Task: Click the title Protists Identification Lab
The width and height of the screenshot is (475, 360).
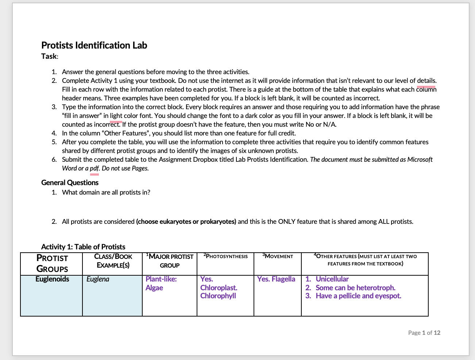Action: (x=94, y=45)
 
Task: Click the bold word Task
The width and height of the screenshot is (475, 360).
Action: (x=49, y=56)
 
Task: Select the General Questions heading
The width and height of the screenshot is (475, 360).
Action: (x=70, y=183)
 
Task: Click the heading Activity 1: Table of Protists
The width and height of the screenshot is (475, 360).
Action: (x=83, y=247)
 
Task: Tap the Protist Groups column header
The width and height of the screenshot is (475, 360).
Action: (x=52, y=264)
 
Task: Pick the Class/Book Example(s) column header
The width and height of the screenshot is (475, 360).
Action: (x=113, y=261)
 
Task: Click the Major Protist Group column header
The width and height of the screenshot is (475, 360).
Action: (x=170, y=261)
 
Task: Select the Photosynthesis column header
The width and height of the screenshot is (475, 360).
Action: (x=225, y=256)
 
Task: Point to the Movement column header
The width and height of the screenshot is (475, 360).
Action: (x=278, y=256)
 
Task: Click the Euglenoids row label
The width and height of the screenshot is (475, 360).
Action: (x=52, y=279)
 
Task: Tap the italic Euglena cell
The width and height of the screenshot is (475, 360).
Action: (x=98, y=279)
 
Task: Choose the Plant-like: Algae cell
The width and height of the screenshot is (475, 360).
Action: (x=161, y=283)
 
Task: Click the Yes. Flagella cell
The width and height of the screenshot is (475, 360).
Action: (x=276, y=279)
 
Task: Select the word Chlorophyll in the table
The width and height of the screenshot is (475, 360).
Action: (x=218, y=296)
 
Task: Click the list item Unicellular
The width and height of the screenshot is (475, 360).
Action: (x=332, y=279)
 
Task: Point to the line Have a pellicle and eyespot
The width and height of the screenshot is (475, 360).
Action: (x=358, y=296)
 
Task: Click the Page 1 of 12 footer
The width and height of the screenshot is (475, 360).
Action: (x=424, y=333)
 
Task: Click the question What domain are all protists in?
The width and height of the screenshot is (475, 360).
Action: (x=106, y=192)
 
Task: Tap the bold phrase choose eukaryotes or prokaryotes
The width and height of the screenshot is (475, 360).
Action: (x=186, y=222)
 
